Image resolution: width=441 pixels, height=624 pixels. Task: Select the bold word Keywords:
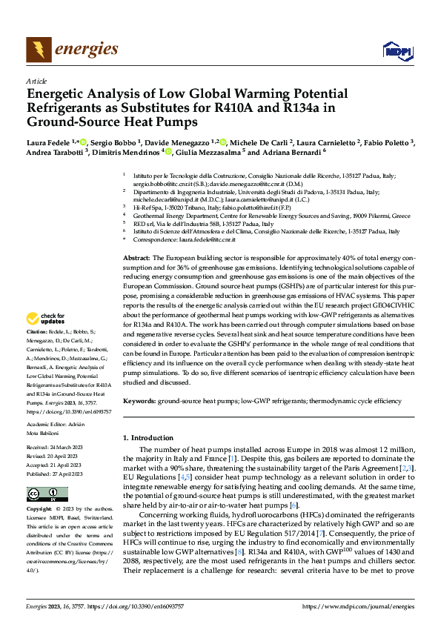click(139, 400)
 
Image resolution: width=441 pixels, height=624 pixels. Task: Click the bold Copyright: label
click(39, 510)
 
